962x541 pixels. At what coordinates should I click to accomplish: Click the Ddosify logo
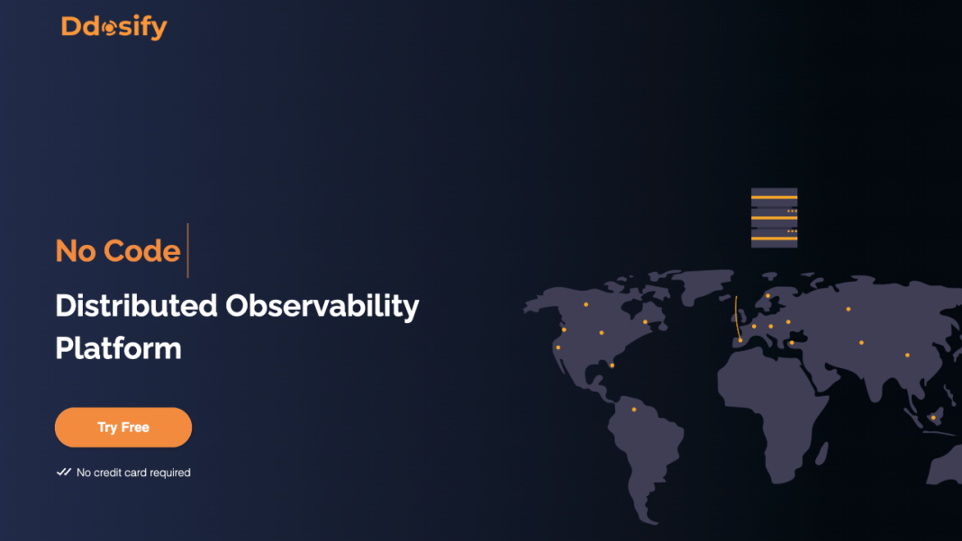114,27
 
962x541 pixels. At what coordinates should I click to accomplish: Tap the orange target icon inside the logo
110,28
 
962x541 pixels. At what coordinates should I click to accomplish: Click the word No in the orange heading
76,251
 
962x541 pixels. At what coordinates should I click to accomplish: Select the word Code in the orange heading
141,251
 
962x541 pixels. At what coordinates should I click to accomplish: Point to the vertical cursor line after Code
187,250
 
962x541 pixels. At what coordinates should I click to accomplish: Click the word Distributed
136,305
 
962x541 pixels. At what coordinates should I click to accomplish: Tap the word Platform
118,348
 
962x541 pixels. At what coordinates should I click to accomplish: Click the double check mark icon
63,472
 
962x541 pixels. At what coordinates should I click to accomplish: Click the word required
171,473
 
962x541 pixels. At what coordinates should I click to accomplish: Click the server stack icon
775,218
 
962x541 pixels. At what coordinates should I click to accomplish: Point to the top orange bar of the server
775,197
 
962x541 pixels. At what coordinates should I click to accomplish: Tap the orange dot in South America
634,409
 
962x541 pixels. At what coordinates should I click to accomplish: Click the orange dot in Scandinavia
767,295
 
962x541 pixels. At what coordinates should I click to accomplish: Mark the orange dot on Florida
613,365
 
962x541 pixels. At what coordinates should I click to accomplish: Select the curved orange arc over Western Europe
737,318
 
